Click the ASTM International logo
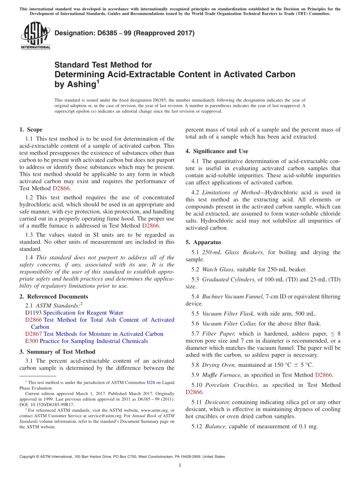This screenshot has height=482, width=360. tap(35, 36)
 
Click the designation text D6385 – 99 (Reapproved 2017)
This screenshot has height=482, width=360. tap(124, 33)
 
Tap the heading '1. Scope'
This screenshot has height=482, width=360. tap(31, 130)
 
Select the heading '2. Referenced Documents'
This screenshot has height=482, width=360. tap(54, 297)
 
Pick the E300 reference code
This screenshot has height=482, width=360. tap(31, 341)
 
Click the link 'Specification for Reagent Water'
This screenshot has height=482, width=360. tap(83, 313)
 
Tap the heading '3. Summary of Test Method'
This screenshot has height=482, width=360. tap(57, 352)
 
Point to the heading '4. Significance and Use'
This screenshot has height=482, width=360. tap(217, 151)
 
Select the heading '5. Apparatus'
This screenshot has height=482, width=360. tap(203, 242)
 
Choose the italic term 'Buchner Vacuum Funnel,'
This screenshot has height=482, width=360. tap(233, 296)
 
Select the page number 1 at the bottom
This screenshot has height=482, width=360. tap(180, 465)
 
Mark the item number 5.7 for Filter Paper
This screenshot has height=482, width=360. tap(195, 333)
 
